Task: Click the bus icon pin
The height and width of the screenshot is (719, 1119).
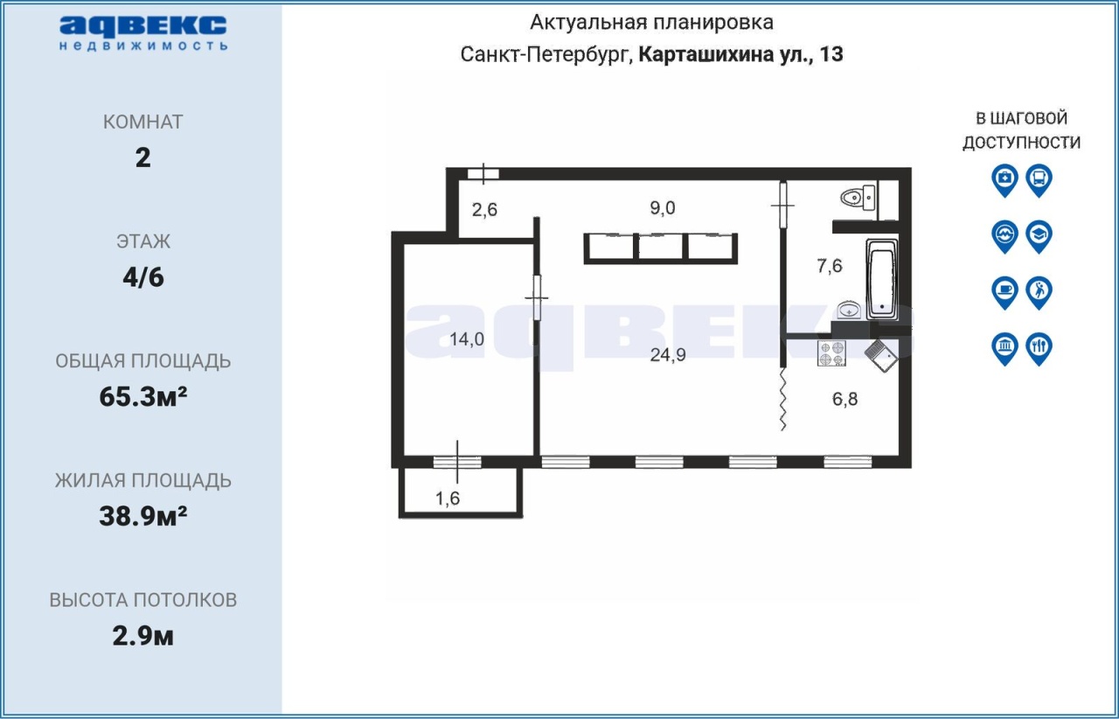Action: pyautogui.click(x=1039, y=180)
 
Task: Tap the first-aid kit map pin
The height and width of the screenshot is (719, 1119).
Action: pyautogui.click(x=1004, y=180)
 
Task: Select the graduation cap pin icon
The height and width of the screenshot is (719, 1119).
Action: pyautogui.click(x=1039, y=236)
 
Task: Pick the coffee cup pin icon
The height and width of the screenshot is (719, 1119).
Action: pyautogui.click(x=1004, y=292)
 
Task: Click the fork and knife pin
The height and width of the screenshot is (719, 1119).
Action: pyautogui.click(x=1039, y=348)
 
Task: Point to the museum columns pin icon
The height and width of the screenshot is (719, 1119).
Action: pyautogui.click(x=1004, y=348)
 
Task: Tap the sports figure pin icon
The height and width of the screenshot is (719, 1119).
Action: pyautogui.click(x=1039, y=292)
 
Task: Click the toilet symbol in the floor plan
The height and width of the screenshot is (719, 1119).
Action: pyautogui.click(x=858, y=198)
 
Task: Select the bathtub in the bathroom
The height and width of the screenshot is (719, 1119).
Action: pyautogui.click(x=882, y=279)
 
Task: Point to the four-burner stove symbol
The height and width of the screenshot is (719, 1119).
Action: pyautogui.click(x=831, y=353)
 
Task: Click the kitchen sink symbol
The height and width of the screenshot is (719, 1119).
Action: pyautogui.click(x=881, y=355)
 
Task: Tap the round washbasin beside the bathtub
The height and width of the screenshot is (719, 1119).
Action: pyautogui.click(x=849, y=310)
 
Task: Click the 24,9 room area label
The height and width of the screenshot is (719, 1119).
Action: pyautogui.click(x=668, y=355)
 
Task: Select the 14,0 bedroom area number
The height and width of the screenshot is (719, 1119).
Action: pyautogui.click(x=467, y=339)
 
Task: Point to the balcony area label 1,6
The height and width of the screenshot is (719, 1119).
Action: pyautogui.click(x=448, y=499)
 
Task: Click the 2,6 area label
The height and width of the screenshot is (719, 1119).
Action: pyautogui.click(x=484, y=210)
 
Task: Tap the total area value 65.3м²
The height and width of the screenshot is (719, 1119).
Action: pyautogui.click(x=143, y=397)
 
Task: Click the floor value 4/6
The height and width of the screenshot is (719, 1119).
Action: pyautogui.click(x=143, y=277)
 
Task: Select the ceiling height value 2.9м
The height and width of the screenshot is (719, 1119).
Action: pyautogui.click(x=142, y=637)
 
